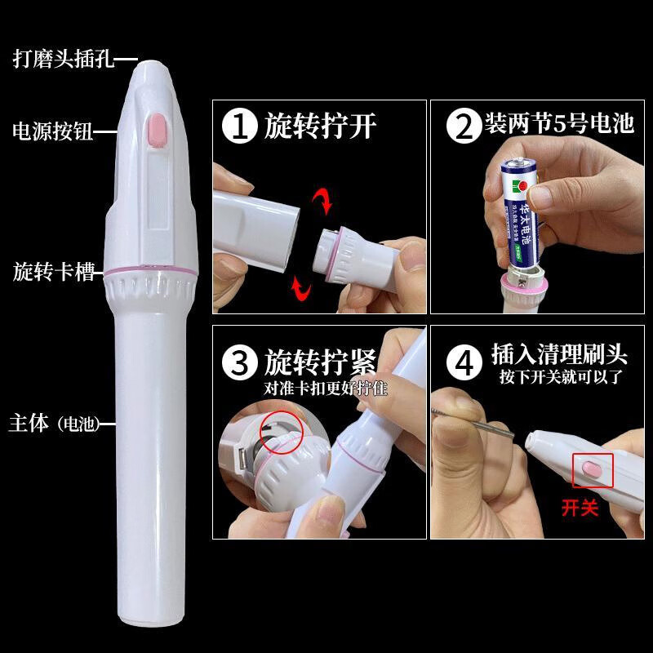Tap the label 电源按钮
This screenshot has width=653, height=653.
click(55, 130)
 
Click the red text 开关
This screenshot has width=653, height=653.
click(580, 508)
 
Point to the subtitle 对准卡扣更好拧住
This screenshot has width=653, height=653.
click(325, 388)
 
